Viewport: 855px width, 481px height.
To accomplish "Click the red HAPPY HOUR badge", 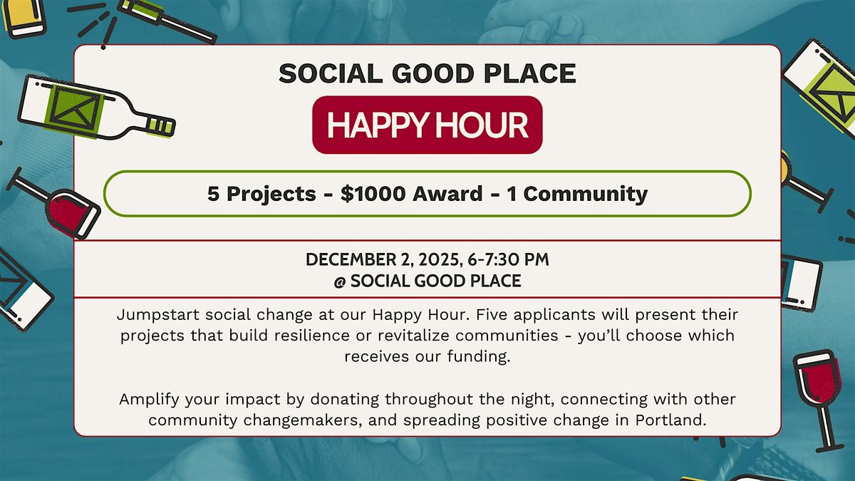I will tap(427, 125).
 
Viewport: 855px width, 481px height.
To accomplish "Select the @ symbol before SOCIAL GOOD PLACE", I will tap(339, 281).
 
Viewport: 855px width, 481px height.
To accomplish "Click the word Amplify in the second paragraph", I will tap(147, 399).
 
